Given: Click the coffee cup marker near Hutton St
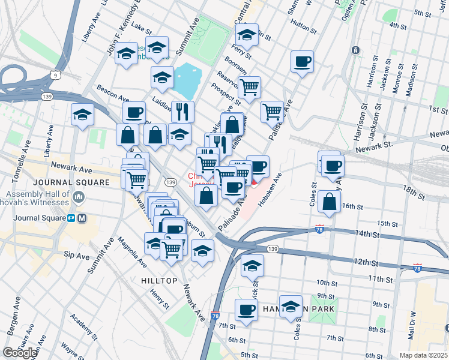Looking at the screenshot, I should [x=302, y=61].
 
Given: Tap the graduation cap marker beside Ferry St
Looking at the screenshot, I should [x=246, y=34].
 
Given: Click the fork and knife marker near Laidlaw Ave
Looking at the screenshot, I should [x=182, y=111].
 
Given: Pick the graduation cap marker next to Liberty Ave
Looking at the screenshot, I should [x=82, y=115].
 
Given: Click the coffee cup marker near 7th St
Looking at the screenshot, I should [x=246, y=310].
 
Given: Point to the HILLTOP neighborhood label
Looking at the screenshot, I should [x=159, y=281].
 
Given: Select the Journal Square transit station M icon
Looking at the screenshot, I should [x=82, y=218].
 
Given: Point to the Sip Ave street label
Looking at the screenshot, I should [x=76, y=256].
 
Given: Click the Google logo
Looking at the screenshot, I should [x=20, y=353].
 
